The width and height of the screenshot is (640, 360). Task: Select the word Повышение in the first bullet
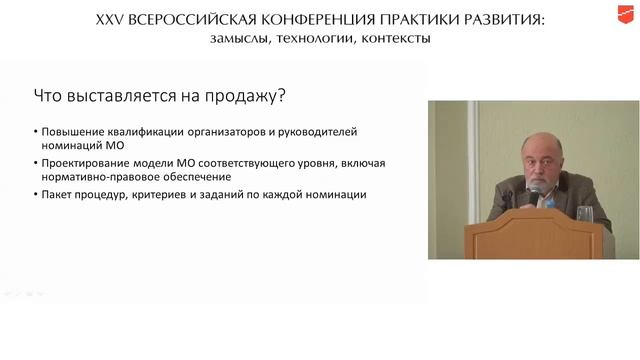[73, 131]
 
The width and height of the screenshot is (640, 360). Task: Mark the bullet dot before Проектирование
[35, 162]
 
